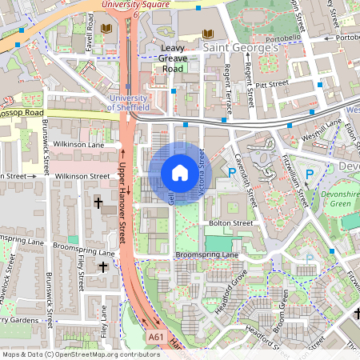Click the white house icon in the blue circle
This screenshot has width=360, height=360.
(180, 173)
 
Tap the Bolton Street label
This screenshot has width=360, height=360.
(230, 222)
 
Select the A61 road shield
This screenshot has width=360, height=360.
(156, 338)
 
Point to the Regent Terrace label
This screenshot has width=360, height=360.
(228, 89)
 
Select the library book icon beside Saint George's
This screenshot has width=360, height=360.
(209, 34)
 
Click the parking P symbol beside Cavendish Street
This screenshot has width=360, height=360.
(232, 172)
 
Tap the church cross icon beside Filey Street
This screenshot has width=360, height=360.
(103, 266)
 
